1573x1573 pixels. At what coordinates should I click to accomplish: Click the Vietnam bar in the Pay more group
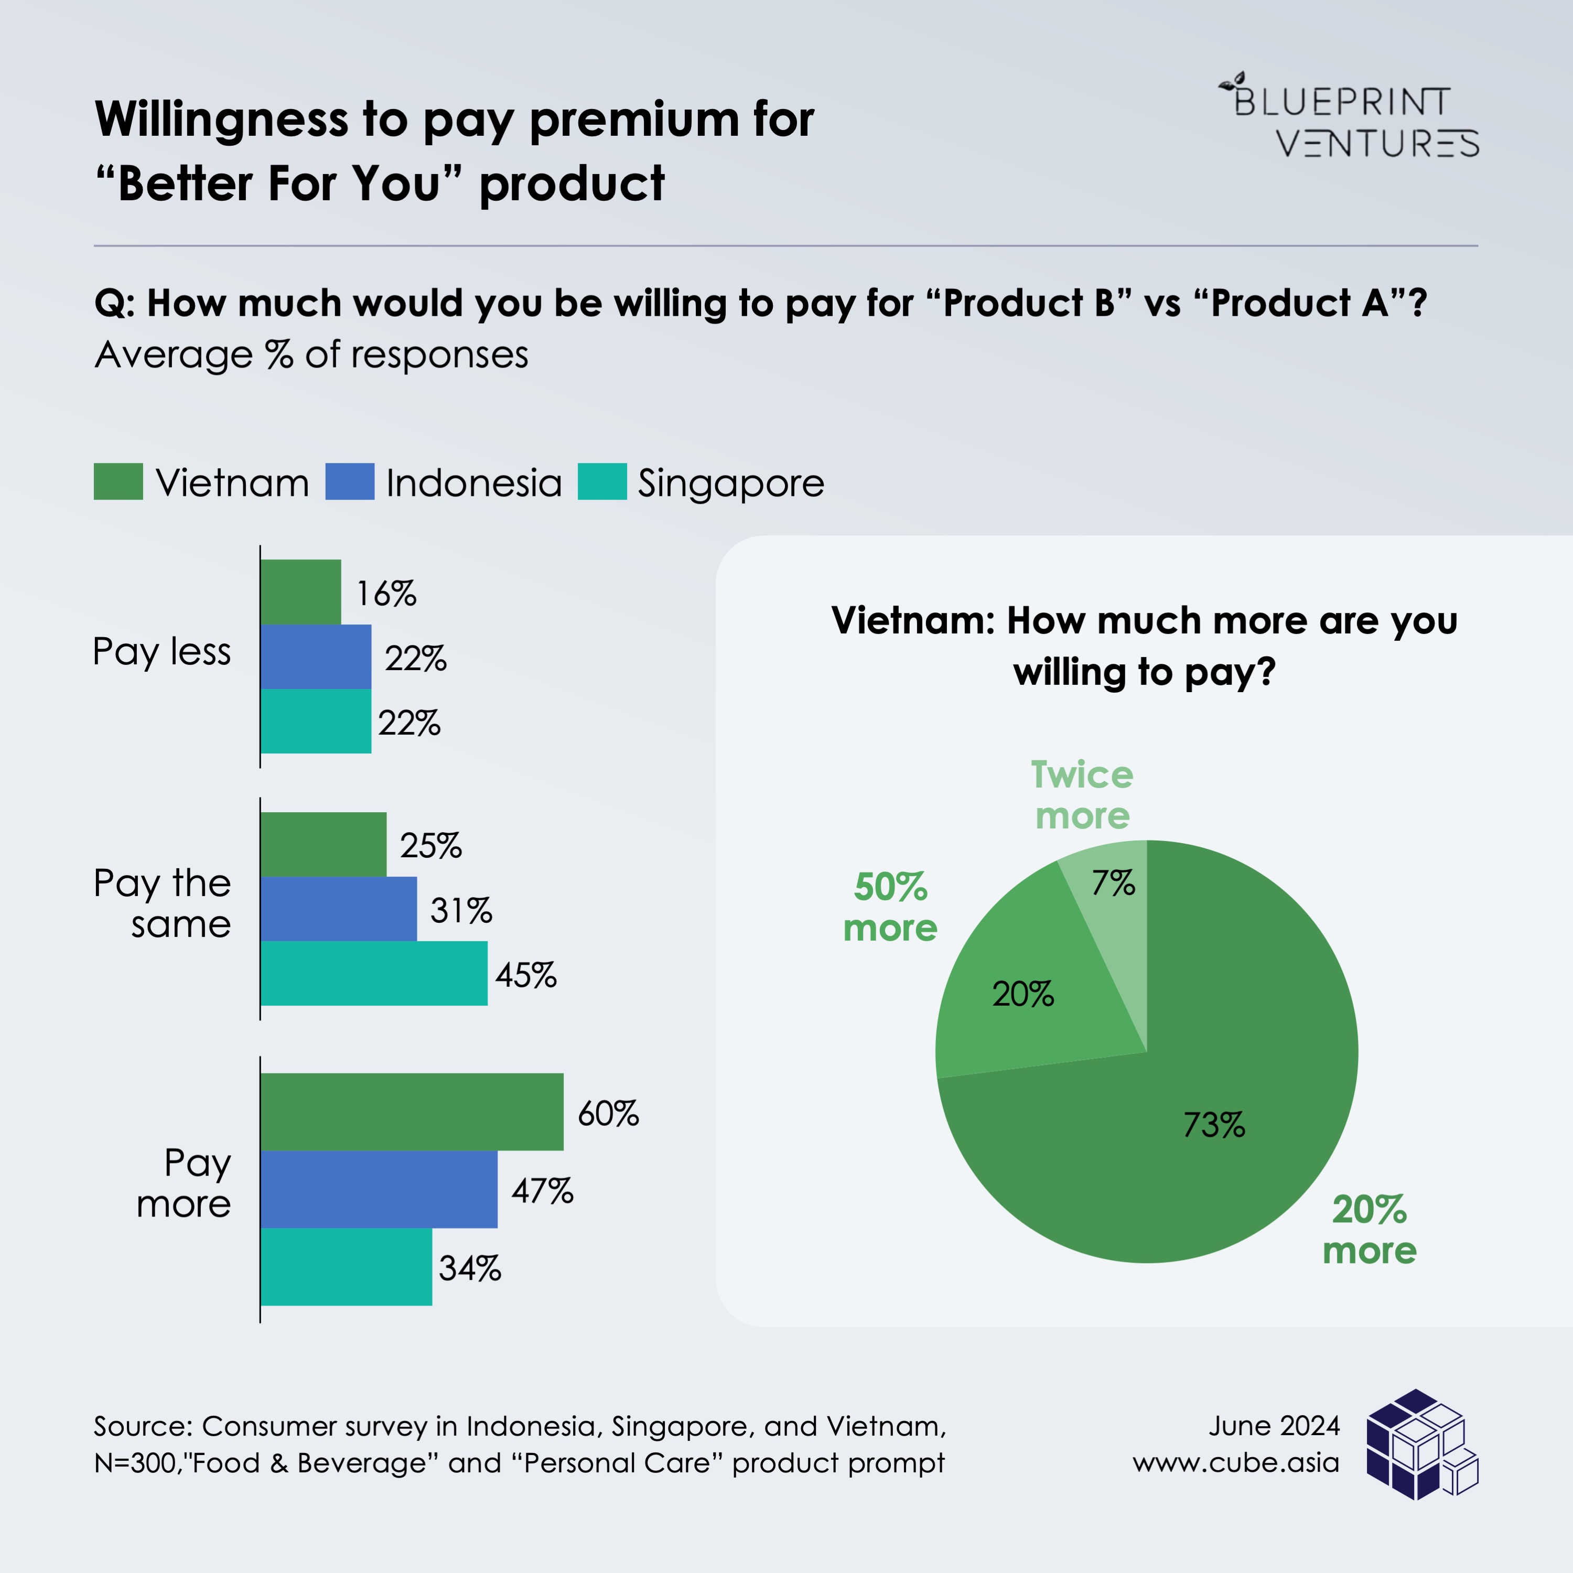(x=411, y=1112)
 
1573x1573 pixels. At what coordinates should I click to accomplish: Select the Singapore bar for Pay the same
(x=374, y=973)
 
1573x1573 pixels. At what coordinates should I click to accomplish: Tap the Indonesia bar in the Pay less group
(x=316, y=657)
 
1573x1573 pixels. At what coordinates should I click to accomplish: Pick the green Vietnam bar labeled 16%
(x=300, y=592)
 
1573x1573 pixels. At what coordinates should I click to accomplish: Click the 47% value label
(x=542, y=1191)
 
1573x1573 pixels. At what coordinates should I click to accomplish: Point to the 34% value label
(x=470, y=1268)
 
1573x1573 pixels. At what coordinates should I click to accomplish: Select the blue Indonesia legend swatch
(x=349, y=481)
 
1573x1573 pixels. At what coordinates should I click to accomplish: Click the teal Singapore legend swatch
(x=602, y=481)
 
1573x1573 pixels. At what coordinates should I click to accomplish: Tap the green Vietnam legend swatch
(x=118, y=481)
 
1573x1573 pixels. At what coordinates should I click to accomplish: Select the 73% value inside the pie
(x=1214, y=1125)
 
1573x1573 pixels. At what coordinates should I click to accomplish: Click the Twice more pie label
(x=1082, y=795)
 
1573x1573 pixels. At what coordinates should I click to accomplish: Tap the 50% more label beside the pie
(x=890, y=907)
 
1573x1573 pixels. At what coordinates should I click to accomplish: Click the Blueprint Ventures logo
(x=1348, y=115)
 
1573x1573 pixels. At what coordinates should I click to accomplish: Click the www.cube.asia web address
(x=1235, y=1463)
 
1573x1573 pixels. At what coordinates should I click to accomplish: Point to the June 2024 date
(x=1274, y=1426)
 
